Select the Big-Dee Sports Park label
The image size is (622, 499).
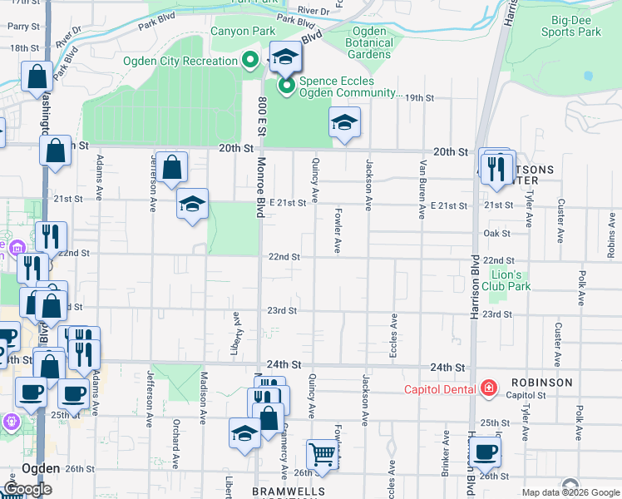pos(570,26)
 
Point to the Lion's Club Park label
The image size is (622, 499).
pos(506,280)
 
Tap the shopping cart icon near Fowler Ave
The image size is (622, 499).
pos(323,454)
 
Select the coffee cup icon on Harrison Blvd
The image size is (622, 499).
pos(485,452)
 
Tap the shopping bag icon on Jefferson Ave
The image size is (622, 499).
pos(171,168)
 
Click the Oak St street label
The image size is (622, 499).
pos(496,234)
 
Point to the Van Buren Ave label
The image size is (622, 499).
pos(422,190)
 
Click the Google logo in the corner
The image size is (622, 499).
pos(27,489)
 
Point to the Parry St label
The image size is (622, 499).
pos(17,27)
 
